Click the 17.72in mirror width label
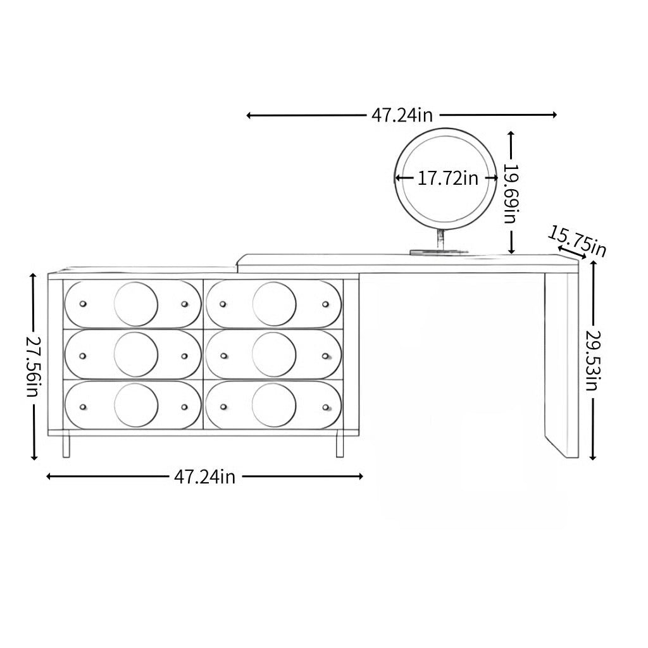point(447,178)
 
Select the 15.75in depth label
point(577,241)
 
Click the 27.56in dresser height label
point(34,366)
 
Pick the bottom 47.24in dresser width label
point(204,477)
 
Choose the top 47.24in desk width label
point(402,115)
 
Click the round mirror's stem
point(441,240)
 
